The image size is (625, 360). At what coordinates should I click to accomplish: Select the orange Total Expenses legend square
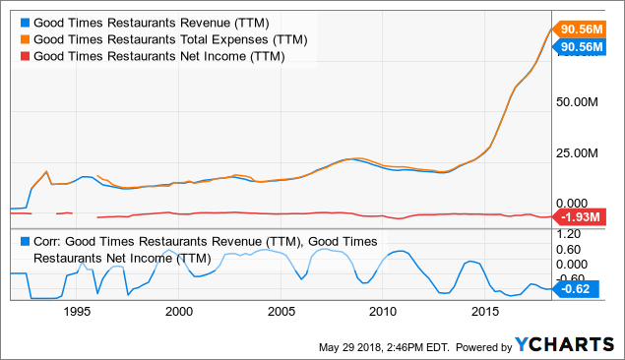24,39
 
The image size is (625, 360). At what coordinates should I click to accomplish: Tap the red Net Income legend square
24,57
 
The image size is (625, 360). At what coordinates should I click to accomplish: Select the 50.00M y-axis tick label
578,102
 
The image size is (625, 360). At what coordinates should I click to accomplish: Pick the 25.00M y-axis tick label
578,153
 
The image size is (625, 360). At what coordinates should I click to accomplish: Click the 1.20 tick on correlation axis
570,236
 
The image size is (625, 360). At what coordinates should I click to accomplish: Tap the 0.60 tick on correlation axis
570,250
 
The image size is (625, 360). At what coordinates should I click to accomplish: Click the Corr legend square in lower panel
24,241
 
